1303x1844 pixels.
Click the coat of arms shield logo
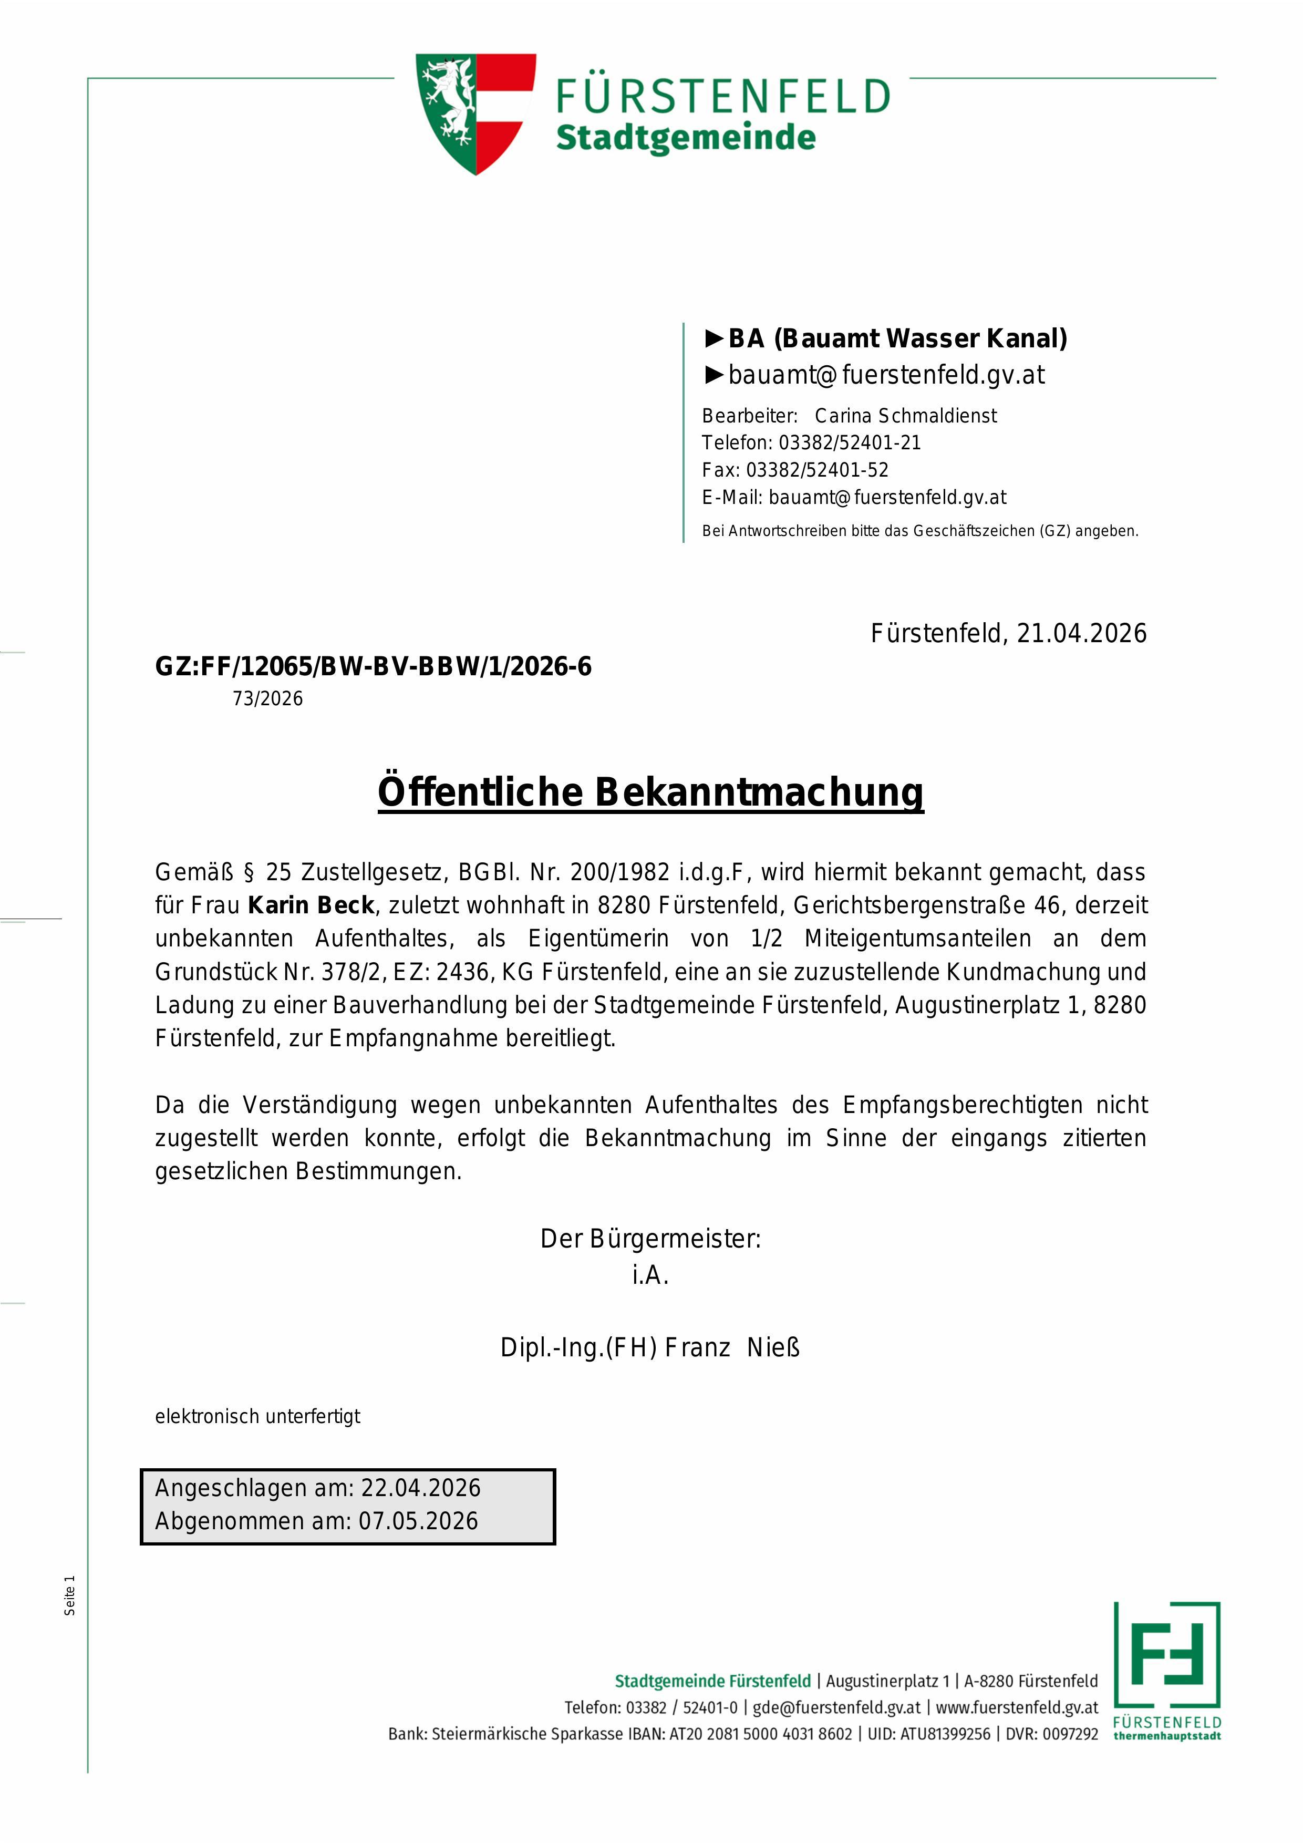[x=475, y=112]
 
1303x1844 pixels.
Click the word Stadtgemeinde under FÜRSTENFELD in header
[x=686, y=137]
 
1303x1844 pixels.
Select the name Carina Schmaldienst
[x=906, y=416]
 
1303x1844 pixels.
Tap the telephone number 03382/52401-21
[x=850, y=444]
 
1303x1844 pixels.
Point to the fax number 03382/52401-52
[x=818, y=471]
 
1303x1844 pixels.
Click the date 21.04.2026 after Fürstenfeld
[x=1081, y=634]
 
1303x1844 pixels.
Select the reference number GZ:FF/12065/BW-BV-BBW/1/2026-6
[x=374, y=666]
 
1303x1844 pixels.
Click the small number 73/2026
[x=268, y=699]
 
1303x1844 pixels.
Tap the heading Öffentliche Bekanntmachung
[x=650, y=792]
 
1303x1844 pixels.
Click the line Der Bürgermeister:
[x=650, y=1239]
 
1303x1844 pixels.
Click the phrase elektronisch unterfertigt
[x=257, y=1417]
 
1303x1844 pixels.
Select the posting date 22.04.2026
[x=421, y=1488]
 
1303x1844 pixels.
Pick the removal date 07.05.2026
[x=418, y=1521]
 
